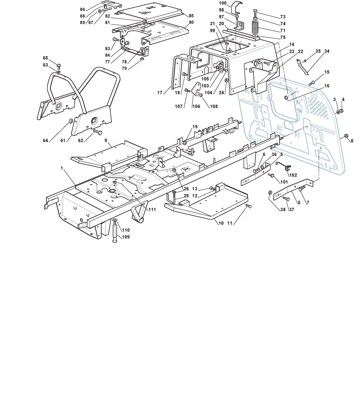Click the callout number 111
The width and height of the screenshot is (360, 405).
pyautogui.click(x=152, y=209)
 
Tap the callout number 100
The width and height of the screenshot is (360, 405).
pyautogui.click(x=223, y=3)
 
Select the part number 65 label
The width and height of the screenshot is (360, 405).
pyautogui.click(x=45, y=58)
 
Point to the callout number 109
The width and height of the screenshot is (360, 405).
pyautogui.click(x=126, y=237)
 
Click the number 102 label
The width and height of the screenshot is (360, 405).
pyautogui.click(x=293, y=175)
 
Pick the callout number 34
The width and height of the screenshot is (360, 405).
pyautogui.click(x=327, y=51)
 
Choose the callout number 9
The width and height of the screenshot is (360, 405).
pyautogui.click(x=106, y=141)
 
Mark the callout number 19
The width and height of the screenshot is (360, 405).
pyautogui.click(x=195, y=127)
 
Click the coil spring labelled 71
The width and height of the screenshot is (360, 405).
pyautogui.click(x=255, y=27)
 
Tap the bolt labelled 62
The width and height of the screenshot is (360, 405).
pyautogui.click(x=97, y=132)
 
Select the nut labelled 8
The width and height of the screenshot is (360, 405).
pyautogui.click(x=347, y=136)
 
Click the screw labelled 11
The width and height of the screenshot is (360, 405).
pyautogui.click(x=248, y=206)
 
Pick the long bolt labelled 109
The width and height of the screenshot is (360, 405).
pyautogui.click(x=115, y=231)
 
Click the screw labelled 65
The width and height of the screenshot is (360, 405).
pyautogui.click(x=58, y=66)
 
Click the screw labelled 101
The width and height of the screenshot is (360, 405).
pyautogui.click(x=272, y=175)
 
